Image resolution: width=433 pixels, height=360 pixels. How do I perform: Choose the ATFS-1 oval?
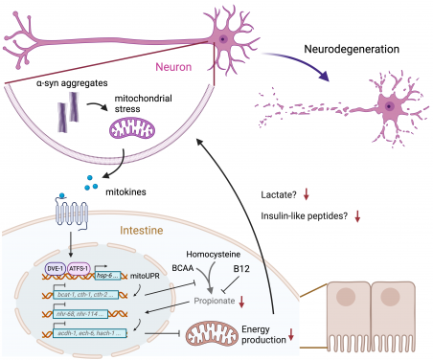(x=78, y=269)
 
